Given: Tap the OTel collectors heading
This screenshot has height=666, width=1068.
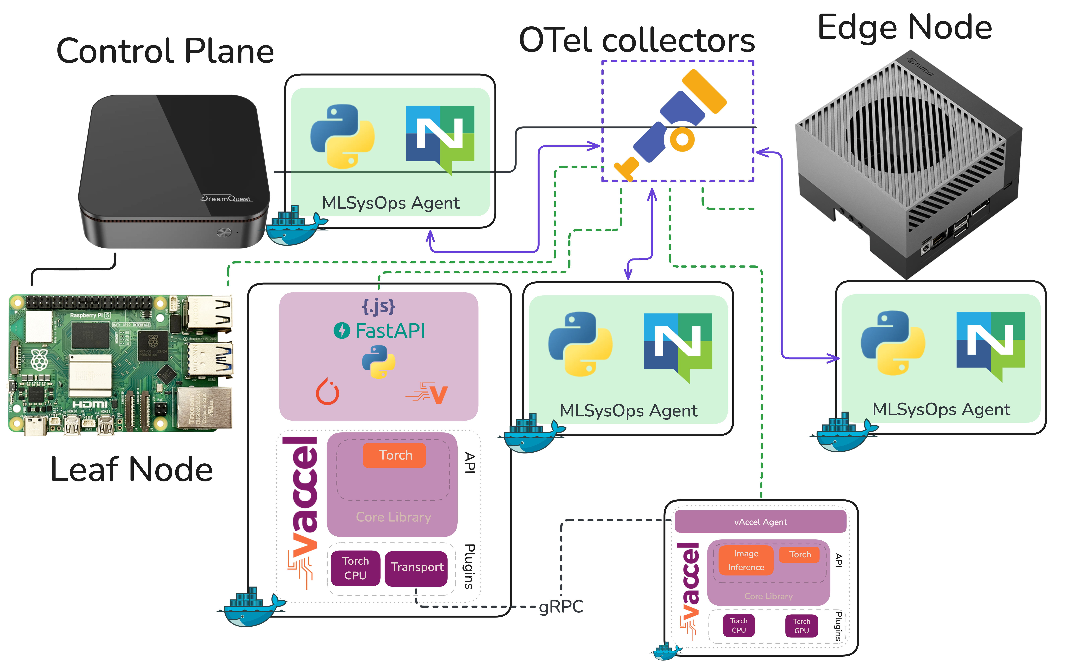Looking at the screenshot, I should (637, 41).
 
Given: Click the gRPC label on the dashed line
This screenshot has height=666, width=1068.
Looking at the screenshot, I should (561, 606).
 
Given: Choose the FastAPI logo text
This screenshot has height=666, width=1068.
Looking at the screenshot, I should (390, 331).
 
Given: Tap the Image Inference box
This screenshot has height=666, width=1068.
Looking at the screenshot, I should (746, 560).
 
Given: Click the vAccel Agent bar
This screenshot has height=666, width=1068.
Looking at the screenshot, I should (760, 522).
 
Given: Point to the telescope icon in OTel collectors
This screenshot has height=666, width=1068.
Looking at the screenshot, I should (670, 126).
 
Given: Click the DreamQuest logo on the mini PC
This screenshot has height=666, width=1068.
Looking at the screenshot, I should (226, 199).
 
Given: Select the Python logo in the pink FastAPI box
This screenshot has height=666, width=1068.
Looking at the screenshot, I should (378, 362).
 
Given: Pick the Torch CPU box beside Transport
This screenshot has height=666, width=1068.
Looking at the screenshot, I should (355, 568).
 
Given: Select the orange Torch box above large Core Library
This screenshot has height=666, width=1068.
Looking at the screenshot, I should (395, 455).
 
